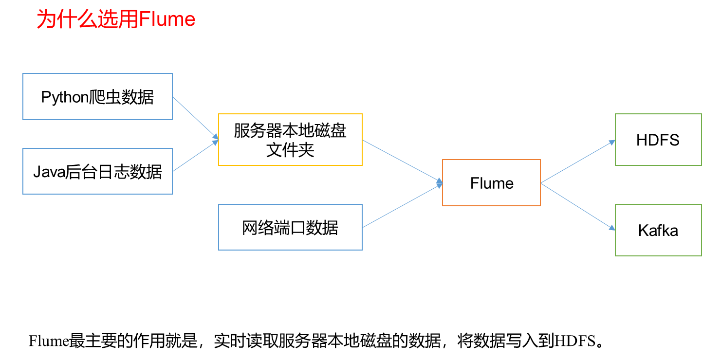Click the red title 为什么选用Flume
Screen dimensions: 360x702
(116, 20)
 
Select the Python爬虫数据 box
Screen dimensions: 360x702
(97, 96)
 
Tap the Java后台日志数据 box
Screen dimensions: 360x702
(97, 171)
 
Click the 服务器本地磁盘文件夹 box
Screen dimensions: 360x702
(290, 140)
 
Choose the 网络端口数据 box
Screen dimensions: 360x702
(290, 227)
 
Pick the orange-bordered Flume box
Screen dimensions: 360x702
(491, 183)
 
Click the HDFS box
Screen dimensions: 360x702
(658, 140)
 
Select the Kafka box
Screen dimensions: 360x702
(658, 230)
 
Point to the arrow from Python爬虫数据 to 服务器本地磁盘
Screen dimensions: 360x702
(195, 117)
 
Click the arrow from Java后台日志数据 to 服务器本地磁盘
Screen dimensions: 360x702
(195, 156)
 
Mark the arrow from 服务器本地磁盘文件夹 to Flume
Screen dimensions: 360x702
(403, 162)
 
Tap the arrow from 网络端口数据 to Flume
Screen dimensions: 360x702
(403, 206)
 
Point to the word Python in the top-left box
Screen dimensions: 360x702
(64, 97)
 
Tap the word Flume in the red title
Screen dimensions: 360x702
(167, 20)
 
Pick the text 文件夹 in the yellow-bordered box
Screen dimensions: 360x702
(290, 149)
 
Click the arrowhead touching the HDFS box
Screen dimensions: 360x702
(612, 142)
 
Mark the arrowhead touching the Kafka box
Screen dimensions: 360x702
(612, 228)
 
